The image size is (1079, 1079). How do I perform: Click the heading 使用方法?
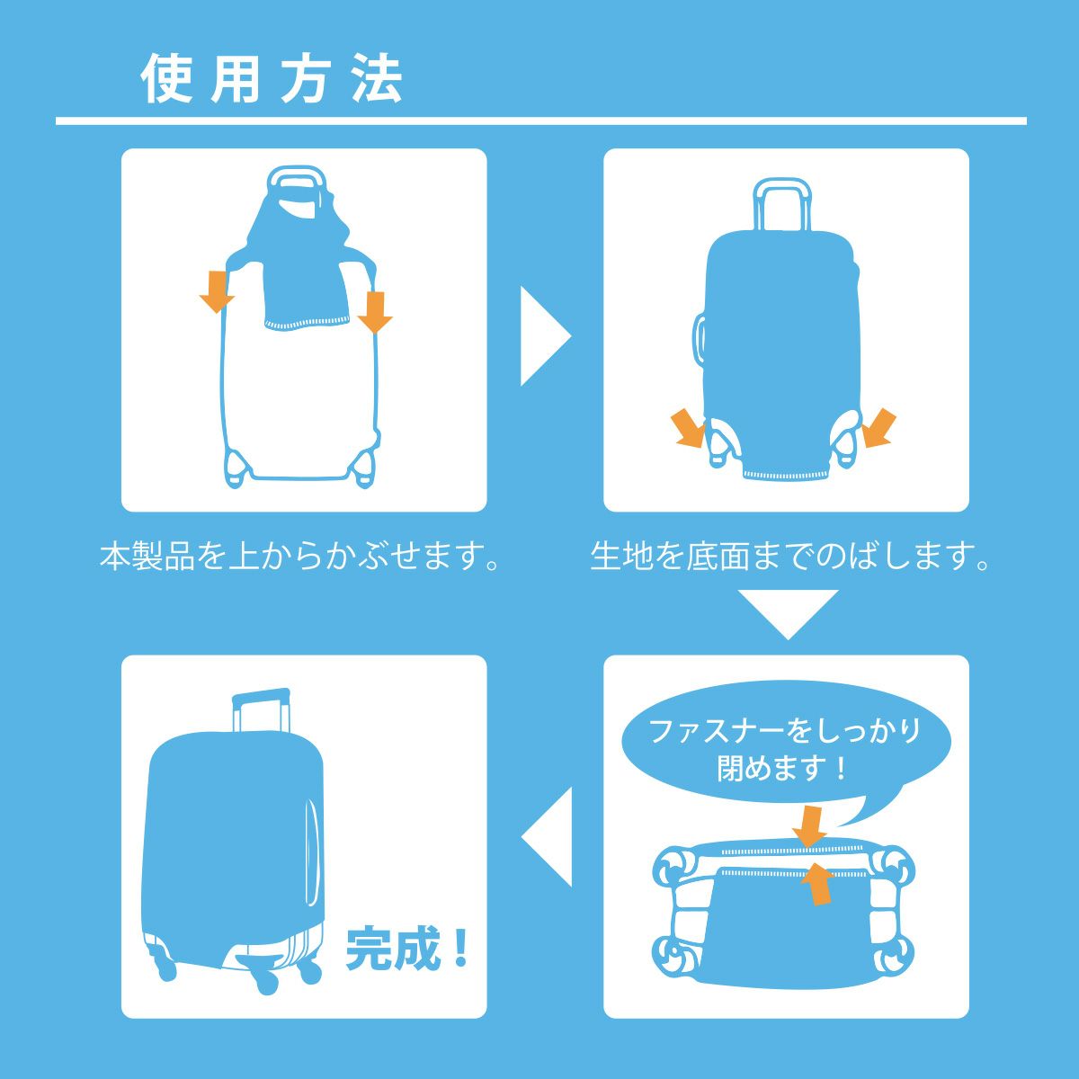(x=272, y=78)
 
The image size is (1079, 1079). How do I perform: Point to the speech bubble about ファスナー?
(x=786, y=754)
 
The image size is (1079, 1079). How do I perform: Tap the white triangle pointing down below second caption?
(x=788, y=614)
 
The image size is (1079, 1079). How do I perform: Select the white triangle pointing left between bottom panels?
(x=547, y=837)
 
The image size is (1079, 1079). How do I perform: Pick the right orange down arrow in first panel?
(x=375, y=312)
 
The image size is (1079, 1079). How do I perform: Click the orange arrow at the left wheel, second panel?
(x=688, y=428)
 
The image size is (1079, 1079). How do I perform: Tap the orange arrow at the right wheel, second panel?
(x=879, y=428)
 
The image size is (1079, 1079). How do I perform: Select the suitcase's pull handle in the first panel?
(x=296, y=182)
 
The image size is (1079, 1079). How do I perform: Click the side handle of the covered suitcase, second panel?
(x=699, y=339)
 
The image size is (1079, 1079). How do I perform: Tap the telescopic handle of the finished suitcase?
(x=262, y=711)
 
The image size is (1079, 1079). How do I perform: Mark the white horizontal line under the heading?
(x=541, y=121)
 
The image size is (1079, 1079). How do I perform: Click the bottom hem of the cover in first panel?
(x=307, y=324)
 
